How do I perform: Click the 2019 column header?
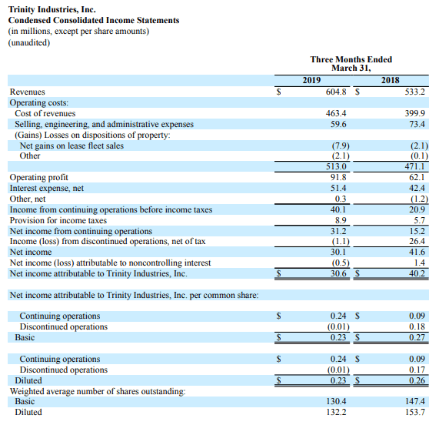(311, 81)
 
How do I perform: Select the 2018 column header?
(390, 81)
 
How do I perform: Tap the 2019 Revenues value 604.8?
(336, 92)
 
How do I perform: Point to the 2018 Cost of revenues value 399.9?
(414, 113)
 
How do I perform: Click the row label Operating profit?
(39, 177)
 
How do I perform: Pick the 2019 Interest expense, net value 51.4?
(338, 188)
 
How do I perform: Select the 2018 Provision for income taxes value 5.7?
(420, 221)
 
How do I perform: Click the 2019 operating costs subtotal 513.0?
(336, 167)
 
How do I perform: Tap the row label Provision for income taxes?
(58, 221)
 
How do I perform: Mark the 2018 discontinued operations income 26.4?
(417, 242)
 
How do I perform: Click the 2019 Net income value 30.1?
(338, 252)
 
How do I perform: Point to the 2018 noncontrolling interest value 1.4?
(420, 263)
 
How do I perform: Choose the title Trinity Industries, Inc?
(52, 9)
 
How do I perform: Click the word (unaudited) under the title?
(29, 42)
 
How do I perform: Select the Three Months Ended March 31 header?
(351, 64)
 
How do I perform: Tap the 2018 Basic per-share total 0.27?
(417, 337)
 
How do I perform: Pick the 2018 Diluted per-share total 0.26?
(417, 380)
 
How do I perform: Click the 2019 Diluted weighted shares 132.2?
(336, 412)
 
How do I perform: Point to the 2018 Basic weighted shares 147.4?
(415, 401)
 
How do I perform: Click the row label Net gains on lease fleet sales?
(72, 146)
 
